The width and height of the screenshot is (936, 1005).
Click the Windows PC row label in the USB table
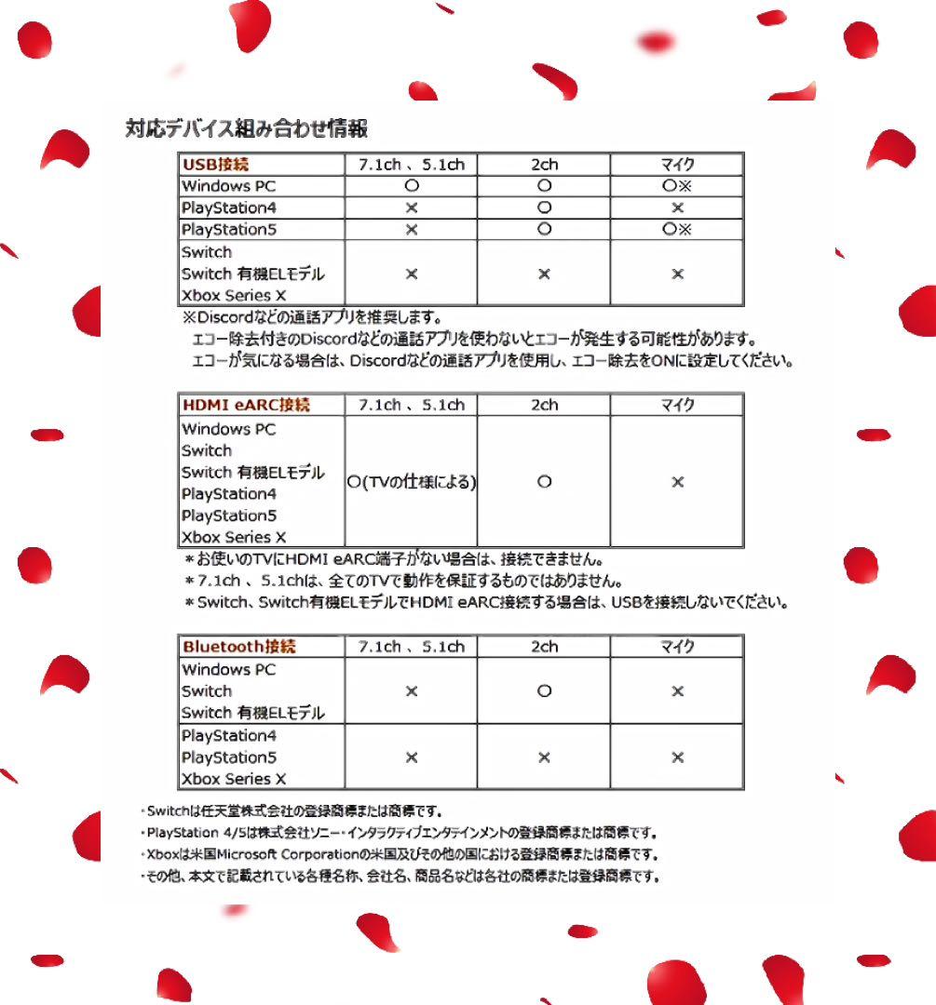click(x=229, y=186)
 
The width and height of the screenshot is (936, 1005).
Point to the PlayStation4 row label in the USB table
click(x=229, y=208)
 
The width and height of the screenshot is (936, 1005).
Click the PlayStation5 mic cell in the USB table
click(x=677, y=229)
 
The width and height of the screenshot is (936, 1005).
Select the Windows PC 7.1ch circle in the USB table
click(x=411, y=186)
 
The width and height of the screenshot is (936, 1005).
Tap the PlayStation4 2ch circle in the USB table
click(x=544, y=208)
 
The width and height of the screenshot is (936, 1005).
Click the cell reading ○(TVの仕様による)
click(x=411, y=482)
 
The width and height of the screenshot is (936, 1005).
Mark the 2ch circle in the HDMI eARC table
click(x=544, y=482)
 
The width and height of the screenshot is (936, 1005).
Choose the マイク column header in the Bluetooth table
click(x=677, y=647)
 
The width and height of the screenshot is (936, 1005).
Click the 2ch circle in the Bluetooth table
click(x=544, y=691)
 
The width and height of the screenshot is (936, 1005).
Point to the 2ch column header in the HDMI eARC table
click(x=544, y=405)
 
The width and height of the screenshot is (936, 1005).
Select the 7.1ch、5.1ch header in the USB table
click(x=411, y=165)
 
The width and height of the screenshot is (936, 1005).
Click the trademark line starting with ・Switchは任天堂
click(x=290, y=811)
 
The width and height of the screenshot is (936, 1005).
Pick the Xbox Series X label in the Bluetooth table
click(x=234, y=779)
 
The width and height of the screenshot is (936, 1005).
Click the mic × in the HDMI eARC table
click(x=677, y=482)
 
